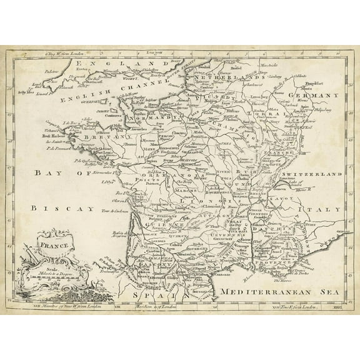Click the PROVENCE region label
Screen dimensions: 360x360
(276, 250)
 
